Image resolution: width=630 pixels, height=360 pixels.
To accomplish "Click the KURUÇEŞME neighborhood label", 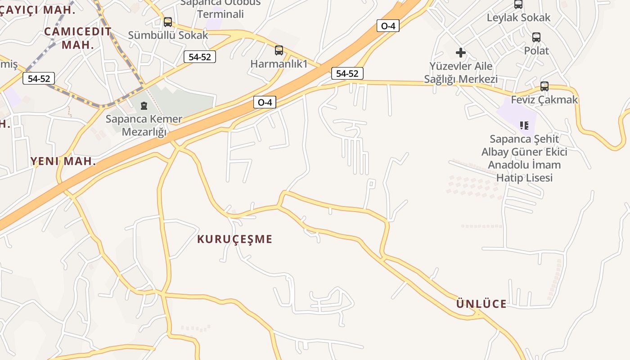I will point(234,239).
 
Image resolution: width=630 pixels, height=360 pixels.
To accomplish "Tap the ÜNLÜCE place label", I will point(481,304).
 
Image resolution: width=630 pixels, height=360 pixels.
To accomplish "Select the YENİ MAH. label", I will point(63,161).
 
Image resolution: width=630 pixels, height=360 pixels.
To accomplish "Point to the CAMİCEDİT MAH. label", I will point(78,38).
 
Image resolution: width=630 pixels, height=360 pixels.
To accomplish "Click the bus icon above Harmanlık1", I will point(279,50).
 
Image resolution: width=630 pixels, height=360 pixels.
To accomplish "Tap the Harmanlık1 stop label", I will point(279,64).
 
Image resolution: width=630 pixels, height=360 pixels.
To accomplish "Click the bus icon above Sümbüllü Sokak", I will point(168,22).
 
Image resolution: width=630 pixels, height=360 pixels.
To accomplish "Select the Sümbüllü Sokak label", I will point(168,35).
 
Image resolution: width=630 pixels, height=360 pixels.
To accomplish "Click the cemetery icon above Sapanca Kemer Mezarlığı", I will point(144,106).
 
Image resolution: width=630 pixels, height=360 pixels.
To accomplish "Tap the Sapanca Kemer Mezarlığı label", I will point(144,126).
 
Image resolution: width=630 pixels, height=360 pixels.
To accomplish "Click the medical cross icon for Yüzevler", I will point(460,53).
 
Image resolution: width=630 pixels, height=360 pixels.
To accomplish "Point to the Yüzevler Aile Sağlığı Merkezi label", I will point(460,72).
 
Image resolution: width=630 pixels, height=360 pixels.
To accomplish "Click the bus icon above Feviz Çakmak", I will point(544,86).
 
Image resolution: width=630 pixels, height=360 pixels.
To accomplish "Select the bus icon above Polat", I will point(536,37).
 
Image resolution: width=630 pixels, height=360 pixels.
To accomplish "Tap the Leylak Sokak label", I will point(518,18).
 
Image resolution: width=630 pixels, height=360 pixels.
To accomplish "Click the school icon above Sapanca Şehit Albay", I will point(524,125).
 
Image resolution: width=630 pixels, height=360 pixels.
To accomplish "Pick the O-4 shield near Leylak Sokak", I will point(388,26).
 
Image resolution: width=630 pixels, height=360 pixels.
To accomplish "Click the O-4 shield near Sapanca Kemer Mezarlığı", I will point(265,102).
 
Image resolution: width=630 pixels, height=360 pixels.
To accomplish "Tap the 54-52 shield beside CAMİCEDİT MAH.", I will point(39,78).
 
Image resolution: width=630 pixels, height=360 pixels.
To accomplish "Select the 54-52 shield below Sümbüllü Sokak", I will point(200,57).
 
